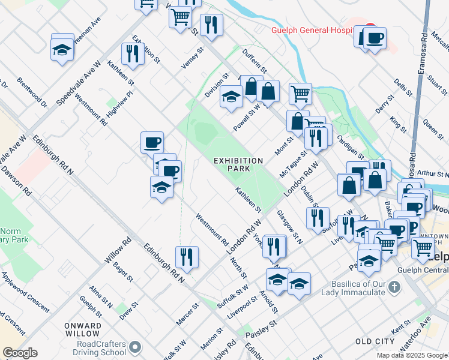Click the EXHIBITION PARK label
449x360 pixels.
pyautogui.click(x=239, y=165)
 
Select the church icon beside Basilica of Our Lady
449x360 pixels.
pyautogui.click(x=394, y=287)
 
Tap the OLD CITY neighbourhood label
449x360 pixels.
pyautogui.click(x=375, y=341)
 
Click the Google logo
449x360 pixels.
pyautogui.click(x=20, y=353)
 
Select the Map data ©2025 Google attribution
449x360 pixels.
pyautogui.click(x=412, y=355)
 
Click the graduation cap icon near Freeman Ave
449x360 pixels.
pyautogui.click(x=62, y=50)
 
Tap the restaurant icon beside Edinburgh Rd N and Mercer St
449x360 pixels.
pyautogui.click(x=187, y=257)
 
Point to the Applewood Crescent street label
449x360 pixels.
pyautogui.click(x=25, y=291)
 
